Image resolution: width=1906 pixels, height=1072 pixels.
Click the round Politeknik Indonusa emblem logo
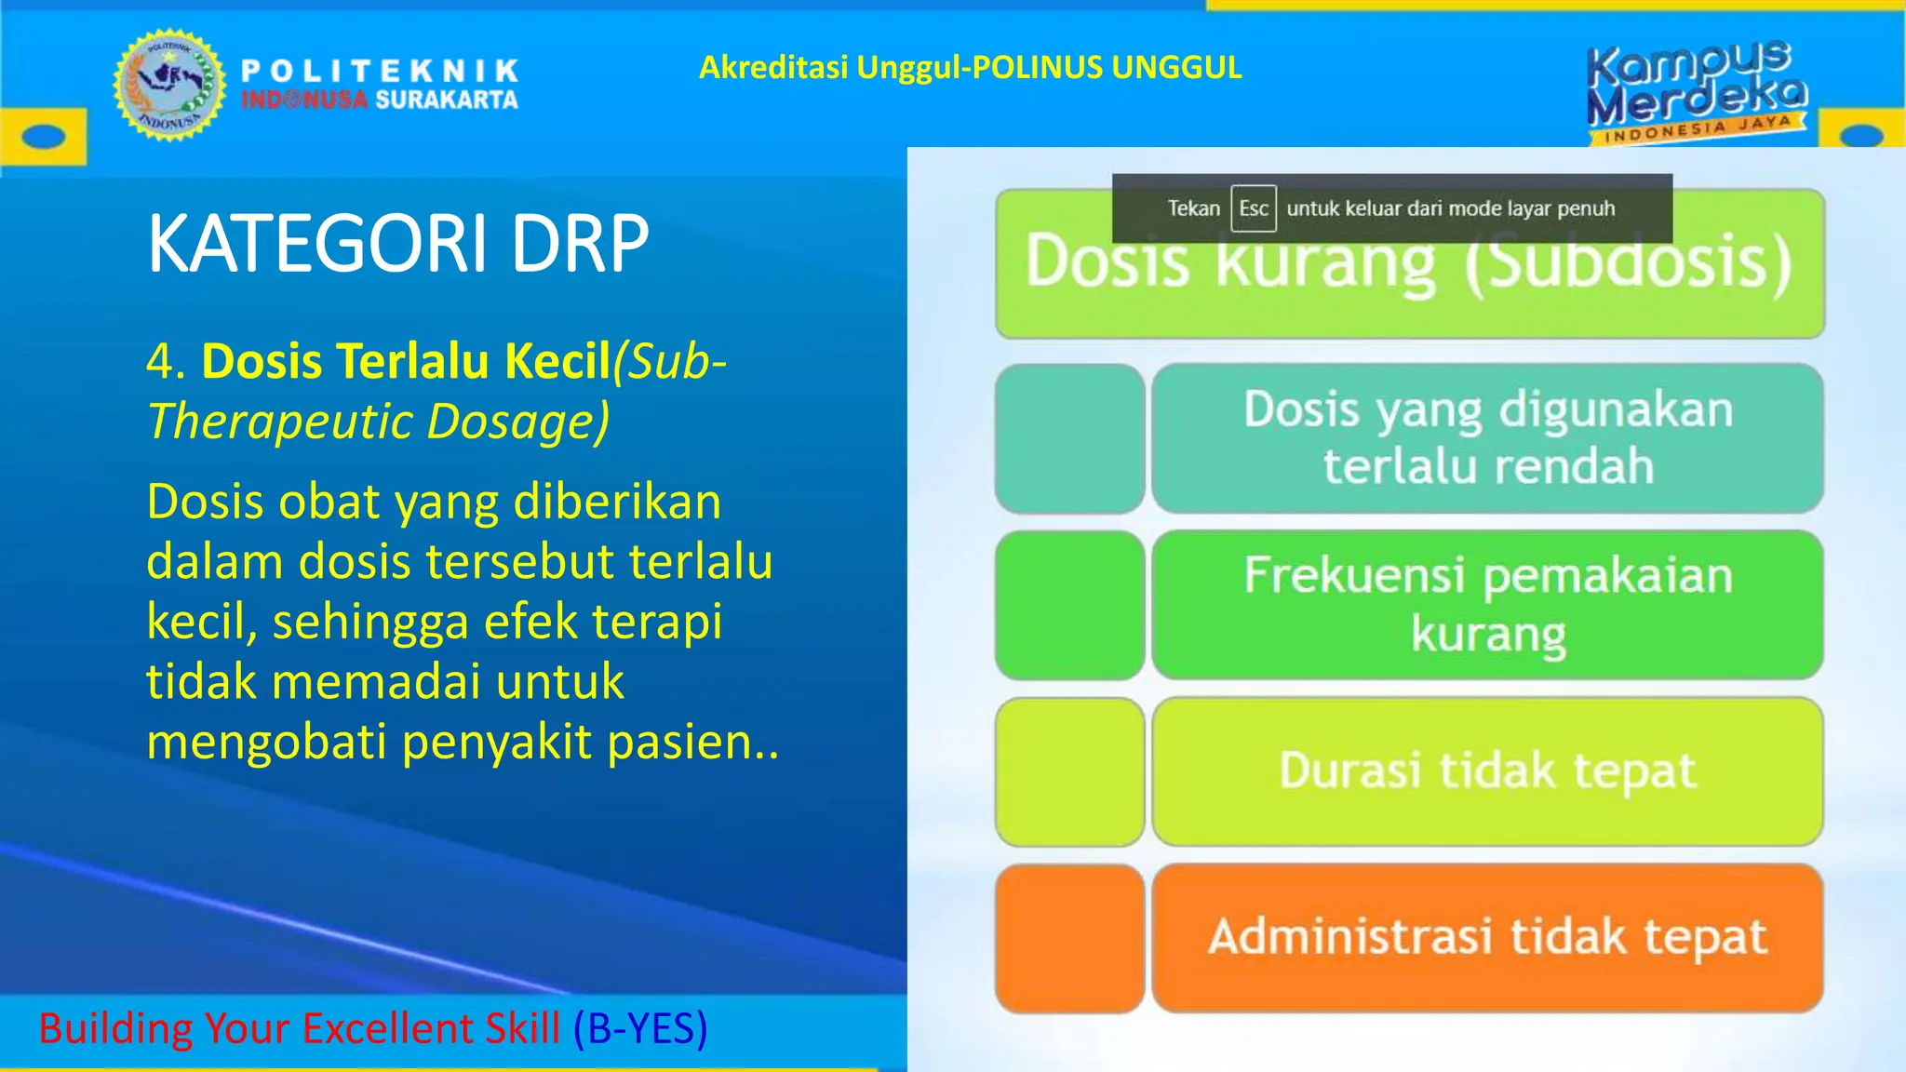pyautogui.click(x=169, y=86)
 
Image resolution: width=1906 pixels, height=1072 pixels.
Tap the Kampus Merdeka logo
pyautogui.click(x=1697, y=91)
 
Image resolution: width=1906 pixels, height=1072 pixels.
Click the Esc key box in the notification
pyautogui.click(x=1253, y=208)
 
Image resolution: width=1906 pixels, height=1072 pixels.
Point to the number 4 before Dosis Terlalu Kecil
pyautogui.click(x=159, y=362)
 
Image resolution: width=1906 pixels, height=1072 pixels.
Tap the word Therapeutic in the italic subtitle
pyautogui.click(x=279, y=422)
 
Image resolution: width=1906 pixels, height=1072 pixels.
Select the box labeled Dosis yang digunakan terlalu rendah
pyautogui.click(x=1487, y=438)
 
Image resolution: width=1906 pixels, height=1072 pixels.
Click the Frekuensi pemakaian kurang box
pyautogui.click(x=1487, y=605)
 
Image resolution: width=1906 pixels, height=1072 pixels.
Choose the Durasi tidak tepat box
pyautogui.click(x=1487, y=771)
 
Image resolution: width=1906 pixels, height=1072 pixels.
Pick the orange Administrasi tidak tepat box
pyautogui.click(x=1487, y=938)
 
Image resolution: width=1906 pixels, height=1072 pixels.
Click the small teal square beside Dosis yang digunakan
pyautogui.click(x=1069, y=438)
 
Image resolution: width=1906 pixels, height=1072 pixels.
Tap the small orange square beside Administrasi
pyautogui.click(x=1069, y=938)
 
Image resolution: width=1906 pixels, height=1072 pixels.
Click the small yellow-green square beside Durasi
pyautogui.click(x=1069, y=771)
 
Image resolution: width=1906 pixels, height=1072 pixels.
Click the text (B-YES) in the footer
pyautogui.click(x=640, y=1028)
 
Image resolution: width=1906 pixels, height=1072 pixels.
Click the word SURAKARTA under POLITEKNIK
pyautogui.click(x=447, y=100)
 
